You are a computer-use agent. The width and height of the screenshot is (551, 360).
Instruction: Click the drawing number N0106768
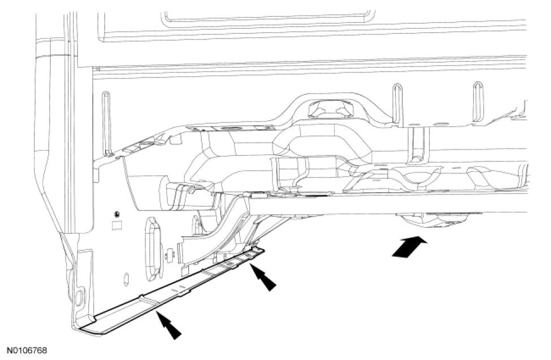pyautogui.click(x=27, y=352)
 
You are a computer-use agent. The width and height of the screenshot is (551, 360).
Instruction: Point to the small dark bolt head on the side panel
pyautogui.click(x=116, y=214)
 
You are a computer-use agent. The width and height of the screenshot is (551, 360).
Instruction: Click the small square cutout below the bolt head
pyautogui.click(x=117, y=224)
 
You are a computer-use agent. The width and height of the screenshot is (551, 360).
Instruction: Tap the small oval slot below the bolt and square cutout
pyautogui.click(x=127, y=277)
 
